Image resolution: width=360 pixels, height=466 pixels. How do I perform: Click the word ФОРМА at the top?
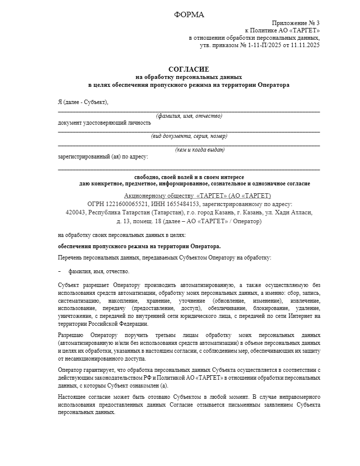189,15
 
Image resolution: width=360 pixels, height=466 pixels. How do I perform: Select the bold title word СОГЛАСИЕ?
189,70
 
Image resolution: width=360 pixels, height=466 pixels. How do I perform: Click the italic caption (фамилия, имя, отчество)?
189,116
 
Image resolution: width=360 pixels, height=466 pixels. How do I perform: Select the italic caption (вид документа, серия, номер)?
189,136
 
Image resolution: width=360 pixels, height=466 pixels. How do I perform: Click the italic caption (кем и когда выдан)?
200,150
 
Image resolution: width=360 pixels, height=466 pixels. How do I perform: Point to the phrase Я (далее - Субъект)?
83,102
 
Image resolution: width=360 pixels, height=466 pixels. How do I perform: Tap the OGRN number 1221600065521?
129,204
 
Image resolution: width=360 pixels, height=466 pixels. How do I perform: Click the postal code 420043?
76,212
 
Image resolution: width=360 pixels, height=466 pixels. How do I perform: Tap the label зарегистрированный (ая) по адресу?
103,157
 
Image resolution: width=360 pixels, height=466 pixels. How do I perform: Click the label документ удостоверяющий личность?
104,123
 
